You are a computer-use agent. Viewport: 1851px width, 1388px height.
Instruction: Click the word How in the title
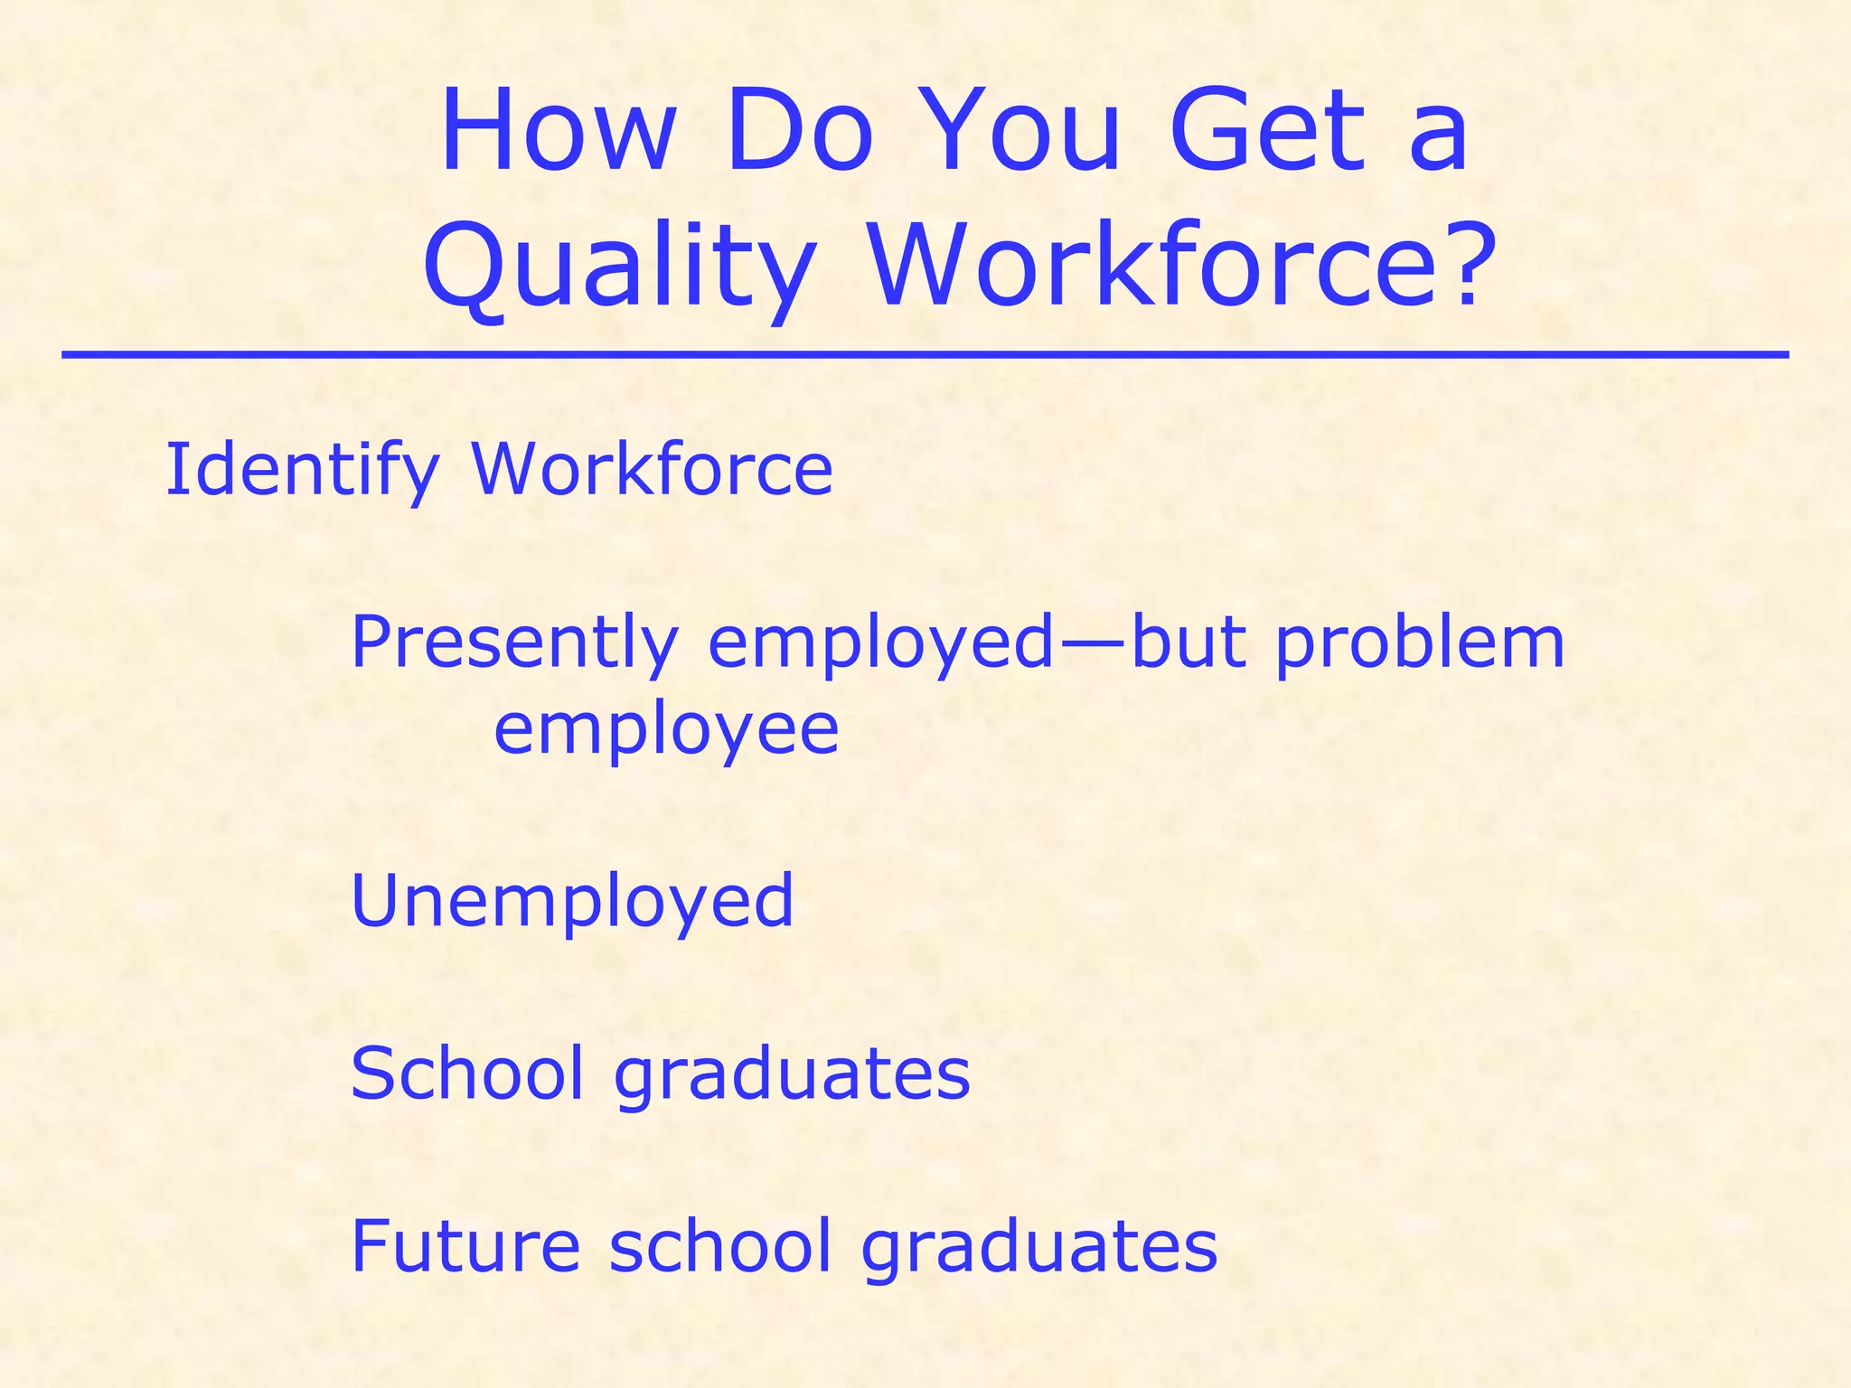point(558,131)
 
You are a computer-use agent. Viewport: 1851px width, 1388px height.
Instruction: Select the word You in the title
point(1024,131)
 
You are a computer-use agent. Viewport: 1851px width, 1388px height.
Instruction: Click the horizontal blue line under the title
point(925,355)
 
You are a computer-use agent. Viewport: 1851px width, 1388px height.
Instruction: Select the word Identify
point(302,471)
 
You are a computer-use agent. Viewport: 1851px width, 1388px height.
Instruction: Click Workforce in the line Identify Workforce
point(652,469)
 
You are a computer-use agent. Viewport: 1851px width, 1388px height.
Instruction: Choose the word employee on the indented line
point(666,731)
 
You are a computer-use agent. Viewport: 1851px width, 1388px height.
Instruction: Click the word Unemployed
point(572,900)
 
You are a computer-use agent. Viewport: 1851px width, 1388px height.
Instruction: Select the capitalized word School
point(466,1073)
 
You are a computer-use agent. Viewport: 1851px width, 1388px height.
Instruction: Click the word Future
point(465,1245)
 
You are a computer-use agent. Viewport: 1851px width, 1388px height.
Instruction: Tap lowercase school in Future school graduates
point(719,1245)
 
